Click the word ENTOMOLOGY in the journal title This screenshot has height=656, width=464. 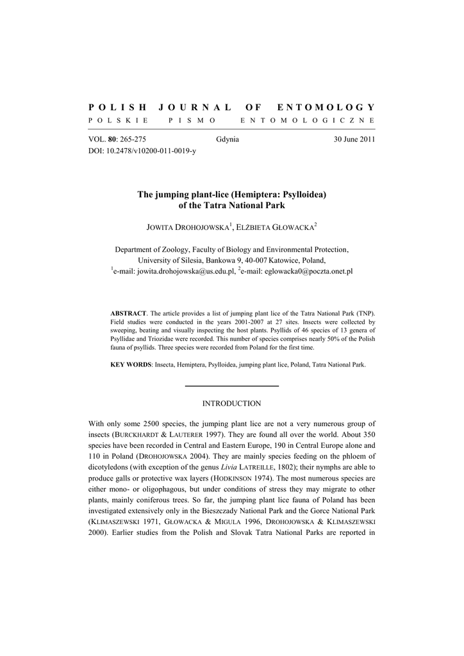[326, 107]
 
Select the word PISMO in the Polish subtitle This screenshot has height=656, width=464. [192, 120]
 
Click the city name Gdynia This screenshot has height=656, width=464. [228, 140]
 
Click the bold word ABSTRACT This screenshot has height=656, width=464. [129, 313]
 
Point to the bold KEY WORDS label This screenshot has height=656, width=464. [131, 365]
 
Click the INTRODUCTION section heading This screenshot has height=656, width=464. [231, 404]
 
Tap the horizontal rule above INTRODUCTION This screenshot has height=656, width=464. [231, 386]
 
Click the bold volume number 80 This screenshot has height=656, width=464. [113, 140]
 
